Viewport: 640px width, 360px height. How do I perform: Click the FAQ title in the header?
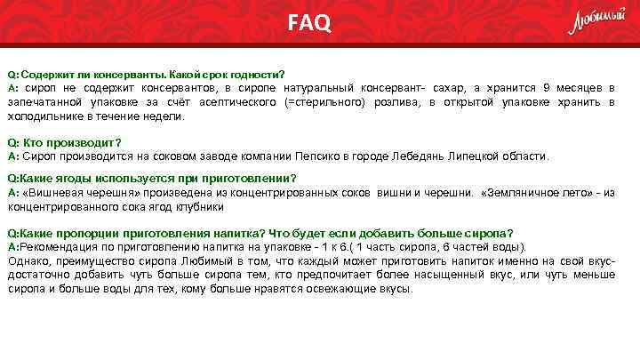(x=308, y=22)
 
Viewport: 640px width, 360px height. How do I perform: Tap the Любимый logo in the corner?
(x=596, y=21)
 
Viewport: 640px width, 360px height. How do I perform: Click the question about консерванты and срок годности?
(x=147, y=74)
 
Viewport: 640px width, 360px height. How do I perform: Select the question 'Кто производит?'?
(x=64, y=142)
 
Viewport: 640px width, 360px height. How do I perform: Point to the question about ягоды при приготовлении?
(x=152, y=178)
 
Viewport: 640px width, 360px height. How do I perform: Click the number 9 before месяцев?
(x=548, y=88)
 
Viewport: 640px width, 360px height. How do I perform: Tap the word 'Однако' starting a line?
(x=27, y=261)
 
